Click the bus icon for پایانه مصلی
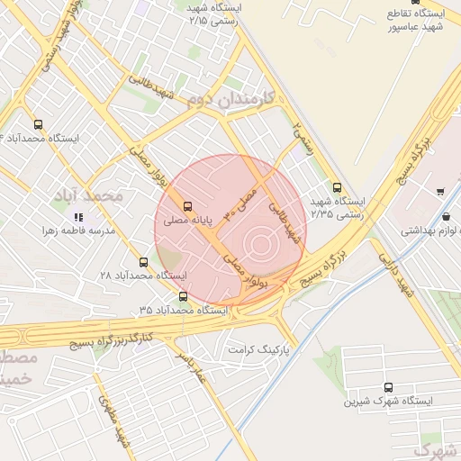pyautogui.click(x=187, y=206)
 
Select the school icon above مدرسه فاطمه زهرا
pyautogui.click(x=78, y=217)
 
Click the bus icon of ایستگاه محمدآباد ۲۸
pyautogui.click(x=143, y=262)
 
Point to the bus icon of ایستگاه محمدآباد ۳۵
pyautogui.click(x=184, y=296)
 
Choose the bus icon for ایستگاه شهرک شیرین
pyautogui.click(x=388, y=386)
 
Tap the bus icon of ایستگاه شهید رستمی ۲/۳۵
pyautogui.click(x=337, y=188)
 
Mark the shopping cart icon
pyautogui.click(x=439, y=191)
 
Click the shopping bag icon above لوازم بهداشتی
pyautogui.click(x=447, y=216)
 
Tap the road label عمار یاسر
pyautogui.click(x=191, y=366)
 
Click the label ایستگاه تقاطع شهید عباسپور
pyautogui.click(x=415, y=21)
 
